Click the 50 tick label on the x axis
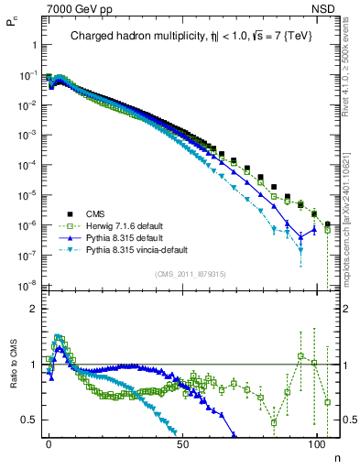click(184, 442)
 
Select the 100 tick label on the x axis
click(318, 442)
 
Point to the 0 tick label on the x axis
click(49, 442)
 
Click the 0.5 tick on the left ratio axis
click(29, 420)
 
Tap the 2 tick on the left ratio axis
click(33, 309)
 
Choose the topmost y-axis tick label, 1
click(33, 43)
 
